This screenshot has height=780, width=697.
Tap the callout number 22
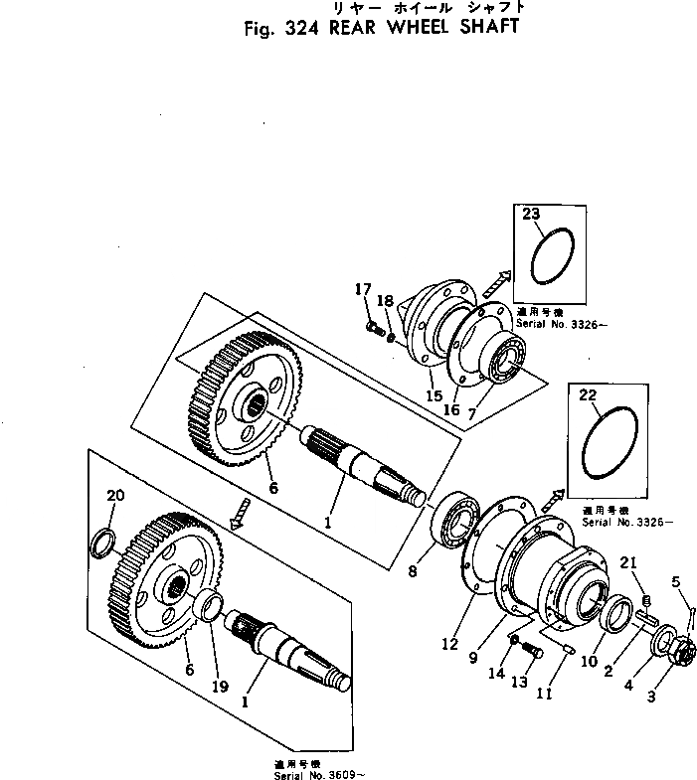(x=588, y=396)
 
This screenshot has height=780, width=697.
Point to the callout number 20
(x=115, y=496)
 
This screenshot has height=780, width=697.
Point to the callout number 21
(x=627, y=563)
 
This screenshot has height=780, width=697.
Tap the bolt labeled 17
(x=375, y=324)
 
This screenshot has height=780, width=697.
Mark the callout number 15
(x=433, y=395)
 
